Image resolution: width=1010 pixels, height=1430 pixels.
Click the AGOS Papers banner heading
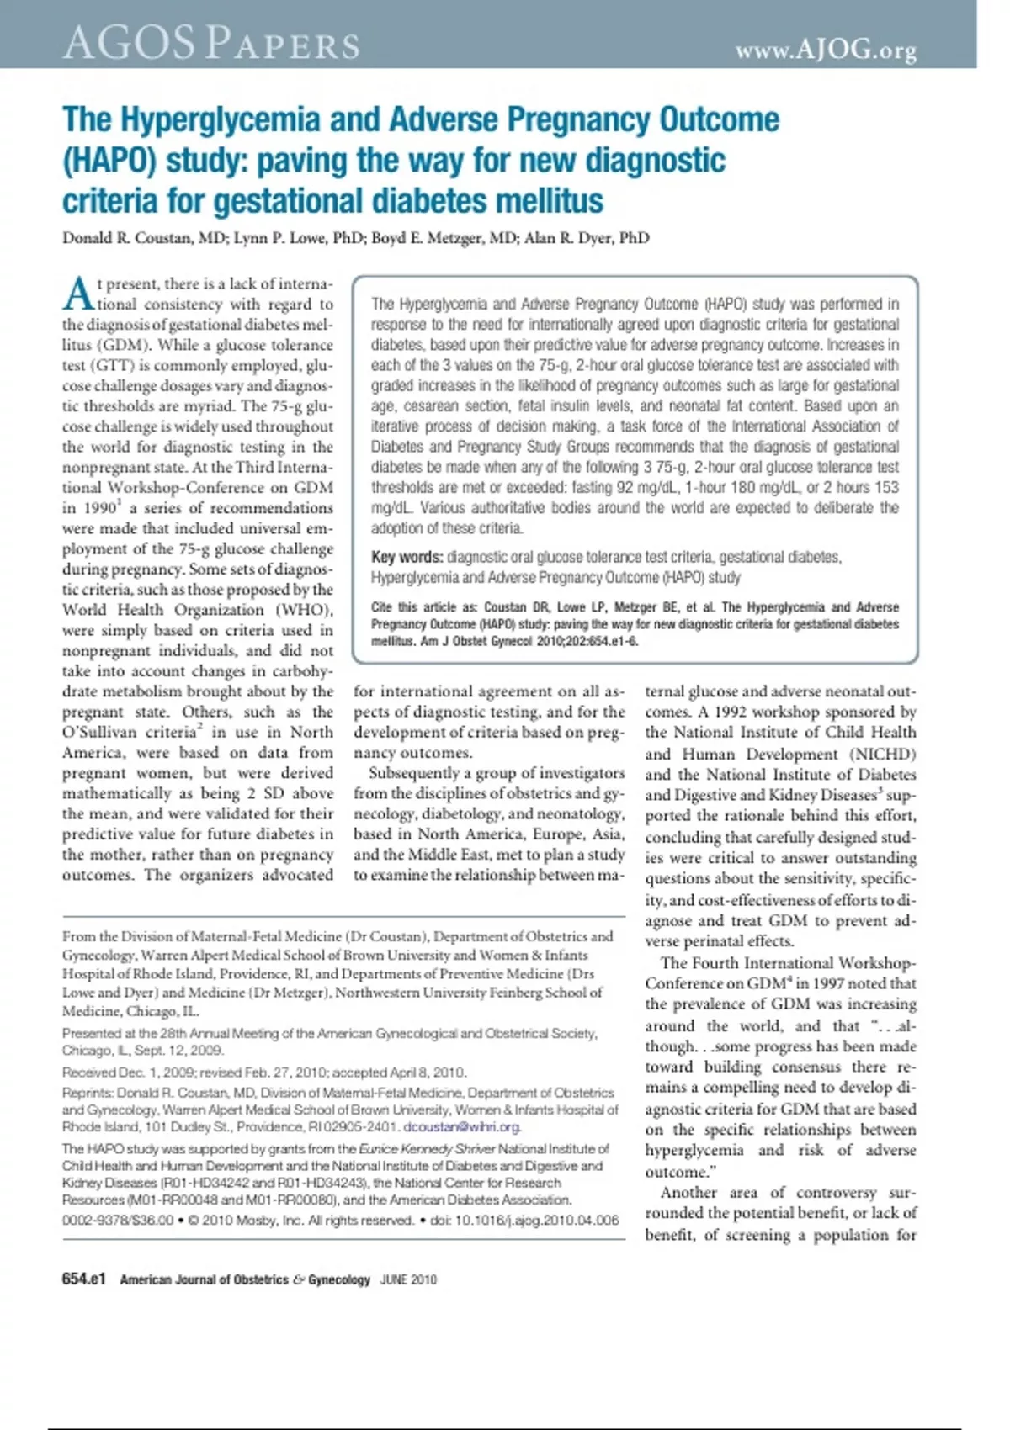[210, 42]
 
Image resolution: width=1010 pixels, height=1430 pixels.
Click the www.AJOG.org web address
[826, 51]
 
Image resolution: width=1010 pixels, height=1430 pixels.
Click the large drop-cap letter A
[78, 294]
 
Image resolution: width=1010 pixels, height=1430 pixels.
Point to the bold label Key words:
[407, 558]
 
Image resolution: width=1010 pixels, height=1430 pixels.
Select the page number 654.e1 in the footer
[84, 1279]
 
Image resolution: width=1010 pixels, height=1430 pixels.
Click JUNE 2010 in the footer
[408, 1280]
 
